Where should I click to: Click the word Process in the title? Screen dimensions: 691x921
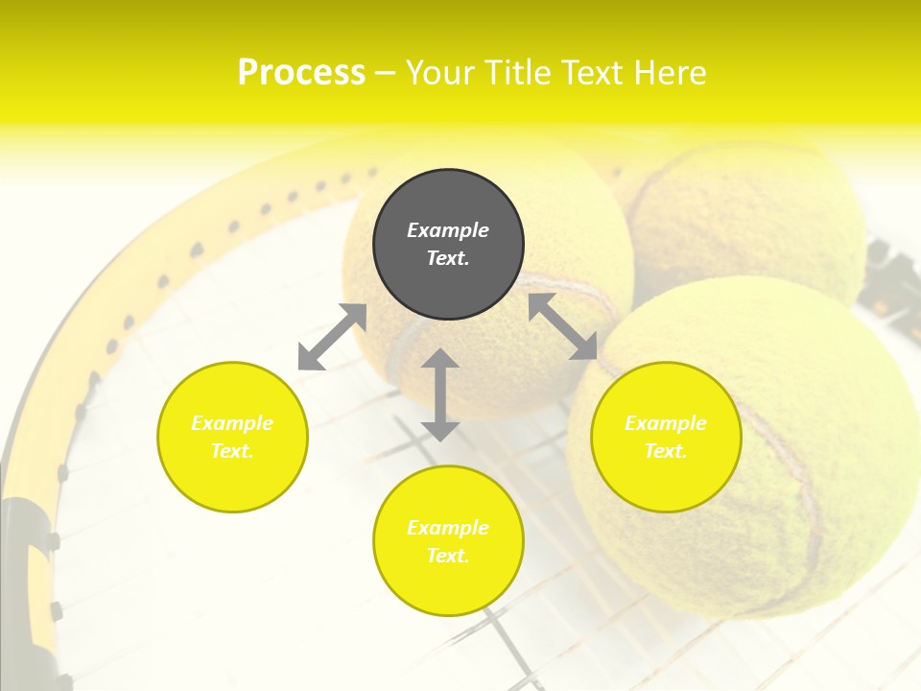tap(301, 73)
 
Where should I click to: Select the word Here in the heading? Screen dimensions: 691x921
tap(672, 73)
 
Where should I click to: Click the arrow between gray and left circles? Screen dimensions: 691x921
tap(332, 337)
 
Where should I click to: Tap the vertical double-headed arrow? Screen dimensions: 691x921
tap(440, 394)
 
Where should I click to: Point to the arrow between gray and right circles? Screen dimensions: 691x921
tap(563, 326)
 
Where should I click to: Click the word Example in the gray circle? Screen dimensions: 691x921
tap(448, 230)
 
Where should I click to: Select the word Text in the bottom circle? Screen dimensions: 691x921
tap(446, 556)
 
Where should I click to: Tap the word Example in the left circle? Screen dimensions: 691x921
tap(232, 423)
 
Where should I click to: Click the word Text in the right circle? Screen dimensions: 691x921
tap(664, 451)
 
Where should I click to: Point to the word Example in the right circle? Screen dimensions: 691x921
tap(666, 423)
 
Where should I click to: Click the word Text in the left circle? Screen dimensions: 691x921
tap(230, 451)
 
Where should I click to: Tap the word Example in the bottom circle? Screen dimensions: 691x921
tap(448, 528)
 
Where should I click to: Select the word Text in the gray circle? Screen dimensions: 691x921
tap(446, 258)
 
